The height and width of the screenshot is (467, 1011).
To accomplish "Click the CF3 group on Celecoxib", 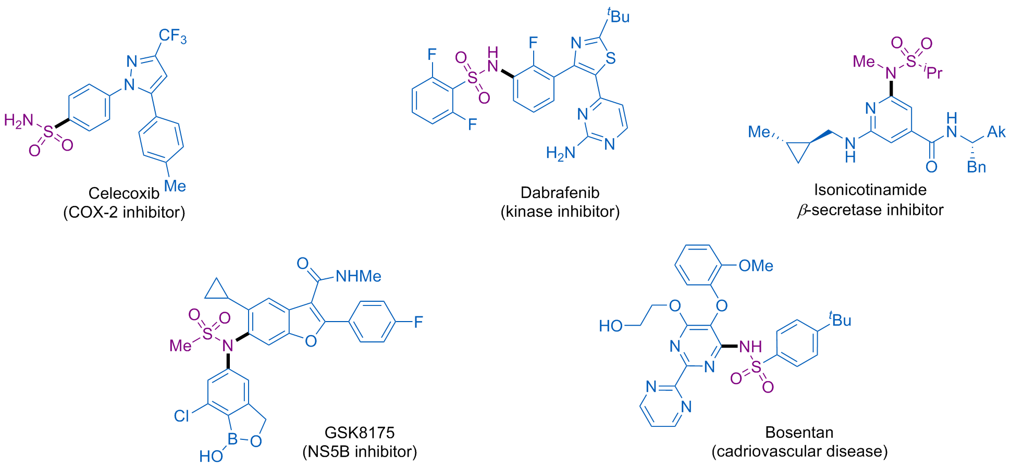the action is [x=172, y=36].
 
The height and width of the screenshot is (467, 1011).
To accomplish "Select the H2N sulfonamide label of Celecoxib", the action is [x=19, y=121].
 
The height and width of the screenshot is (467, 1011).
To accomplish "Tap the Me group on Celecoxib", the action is [x=175, y=186].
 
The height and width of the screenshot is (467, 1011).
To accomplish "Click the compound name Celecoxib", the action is [x=124, y=193].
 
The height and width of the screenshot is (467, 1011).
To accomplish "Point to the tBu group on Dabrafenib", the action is [x=619, y=16].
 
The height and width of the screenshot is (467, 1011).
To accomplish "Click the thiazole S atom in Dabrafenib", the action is [x=611, y=58].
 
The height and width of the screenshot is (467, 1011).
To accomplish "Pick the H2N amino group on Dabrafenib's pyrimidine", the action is [x=561, y=153].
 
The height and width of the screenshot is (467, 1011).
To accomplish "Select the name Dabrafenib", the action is [x=560, y=193].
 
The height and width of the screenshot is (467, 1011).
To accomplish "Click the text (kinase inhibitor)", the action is [x=560, y=212].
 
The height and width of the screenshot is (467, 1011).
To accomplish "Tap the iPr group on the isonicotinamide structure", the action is [x=933, y=72].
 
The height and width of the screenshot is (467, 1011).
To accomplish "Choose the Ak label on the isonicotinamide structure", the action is [x=996, y=131].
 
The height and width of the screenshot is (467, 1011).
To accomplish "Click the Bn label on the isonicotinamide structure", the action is [x=977, y=167].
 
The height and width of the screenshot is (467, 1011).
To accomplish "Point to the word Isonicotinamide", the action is [x=870, y=190].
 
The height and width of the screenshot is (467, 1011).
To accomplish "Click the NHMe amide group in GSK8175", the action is [x=359, y=276].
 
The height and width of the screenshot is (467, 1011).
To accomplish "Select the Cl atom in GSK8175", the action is [x=181, y=416].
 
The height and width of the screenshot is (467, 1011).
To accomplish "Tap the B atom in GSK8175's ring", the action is [x=233, y=439].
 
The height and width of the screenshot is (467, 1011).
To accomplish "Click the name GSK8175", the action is [x=360, y=433].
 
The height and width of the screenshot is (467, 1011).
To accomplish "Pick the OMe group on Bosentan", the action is [x=756, y=266].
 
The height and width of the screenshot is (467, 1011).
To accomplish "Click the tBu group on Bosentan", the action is [x=840, y=319].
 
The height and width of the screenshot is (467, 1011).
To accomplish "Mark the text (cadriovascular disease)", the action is [x=800, y=451].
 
